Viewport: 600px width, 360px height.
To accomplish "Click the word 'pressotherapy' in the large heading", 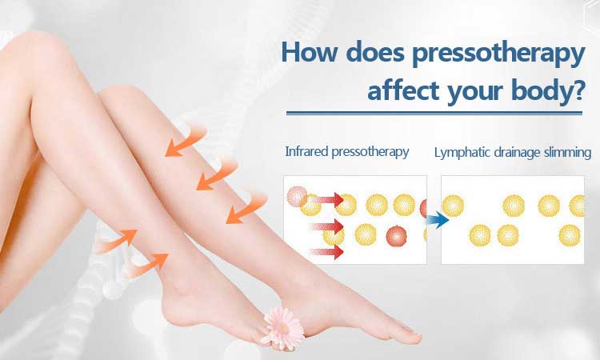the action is click(x=498, y=54).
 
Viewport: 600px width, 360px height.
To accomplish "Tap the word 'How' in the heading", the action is click(x=310, y=52).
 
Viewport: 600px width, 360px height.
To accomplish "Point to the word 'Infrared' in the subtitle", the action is click(x=306, y=151).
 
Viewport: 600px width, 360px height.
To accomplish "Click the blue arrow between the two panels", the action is click(x=438, y=220).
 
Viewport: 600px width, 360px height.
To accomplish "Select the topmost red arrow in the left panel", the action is click(x=326, y=199).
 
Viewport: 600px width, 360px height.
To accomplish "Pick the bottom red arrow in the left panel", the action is click(x=326, y=252).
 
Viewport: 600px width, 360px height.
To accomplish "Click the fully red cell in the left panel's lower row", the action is click(x=397, y=236).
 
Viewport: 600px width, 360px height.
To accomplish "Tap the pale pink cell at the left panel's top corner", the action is click(x=297, y=196).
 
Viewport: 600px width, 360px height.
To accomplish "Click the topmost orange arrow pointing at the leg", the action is click(x=186, y=142).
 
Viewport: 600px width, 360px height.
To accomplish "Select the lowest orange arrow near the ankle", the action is click(x=149, y=264).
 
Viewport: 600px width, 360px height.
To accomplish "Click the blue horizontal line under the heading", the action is click(x=434, y=113).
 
